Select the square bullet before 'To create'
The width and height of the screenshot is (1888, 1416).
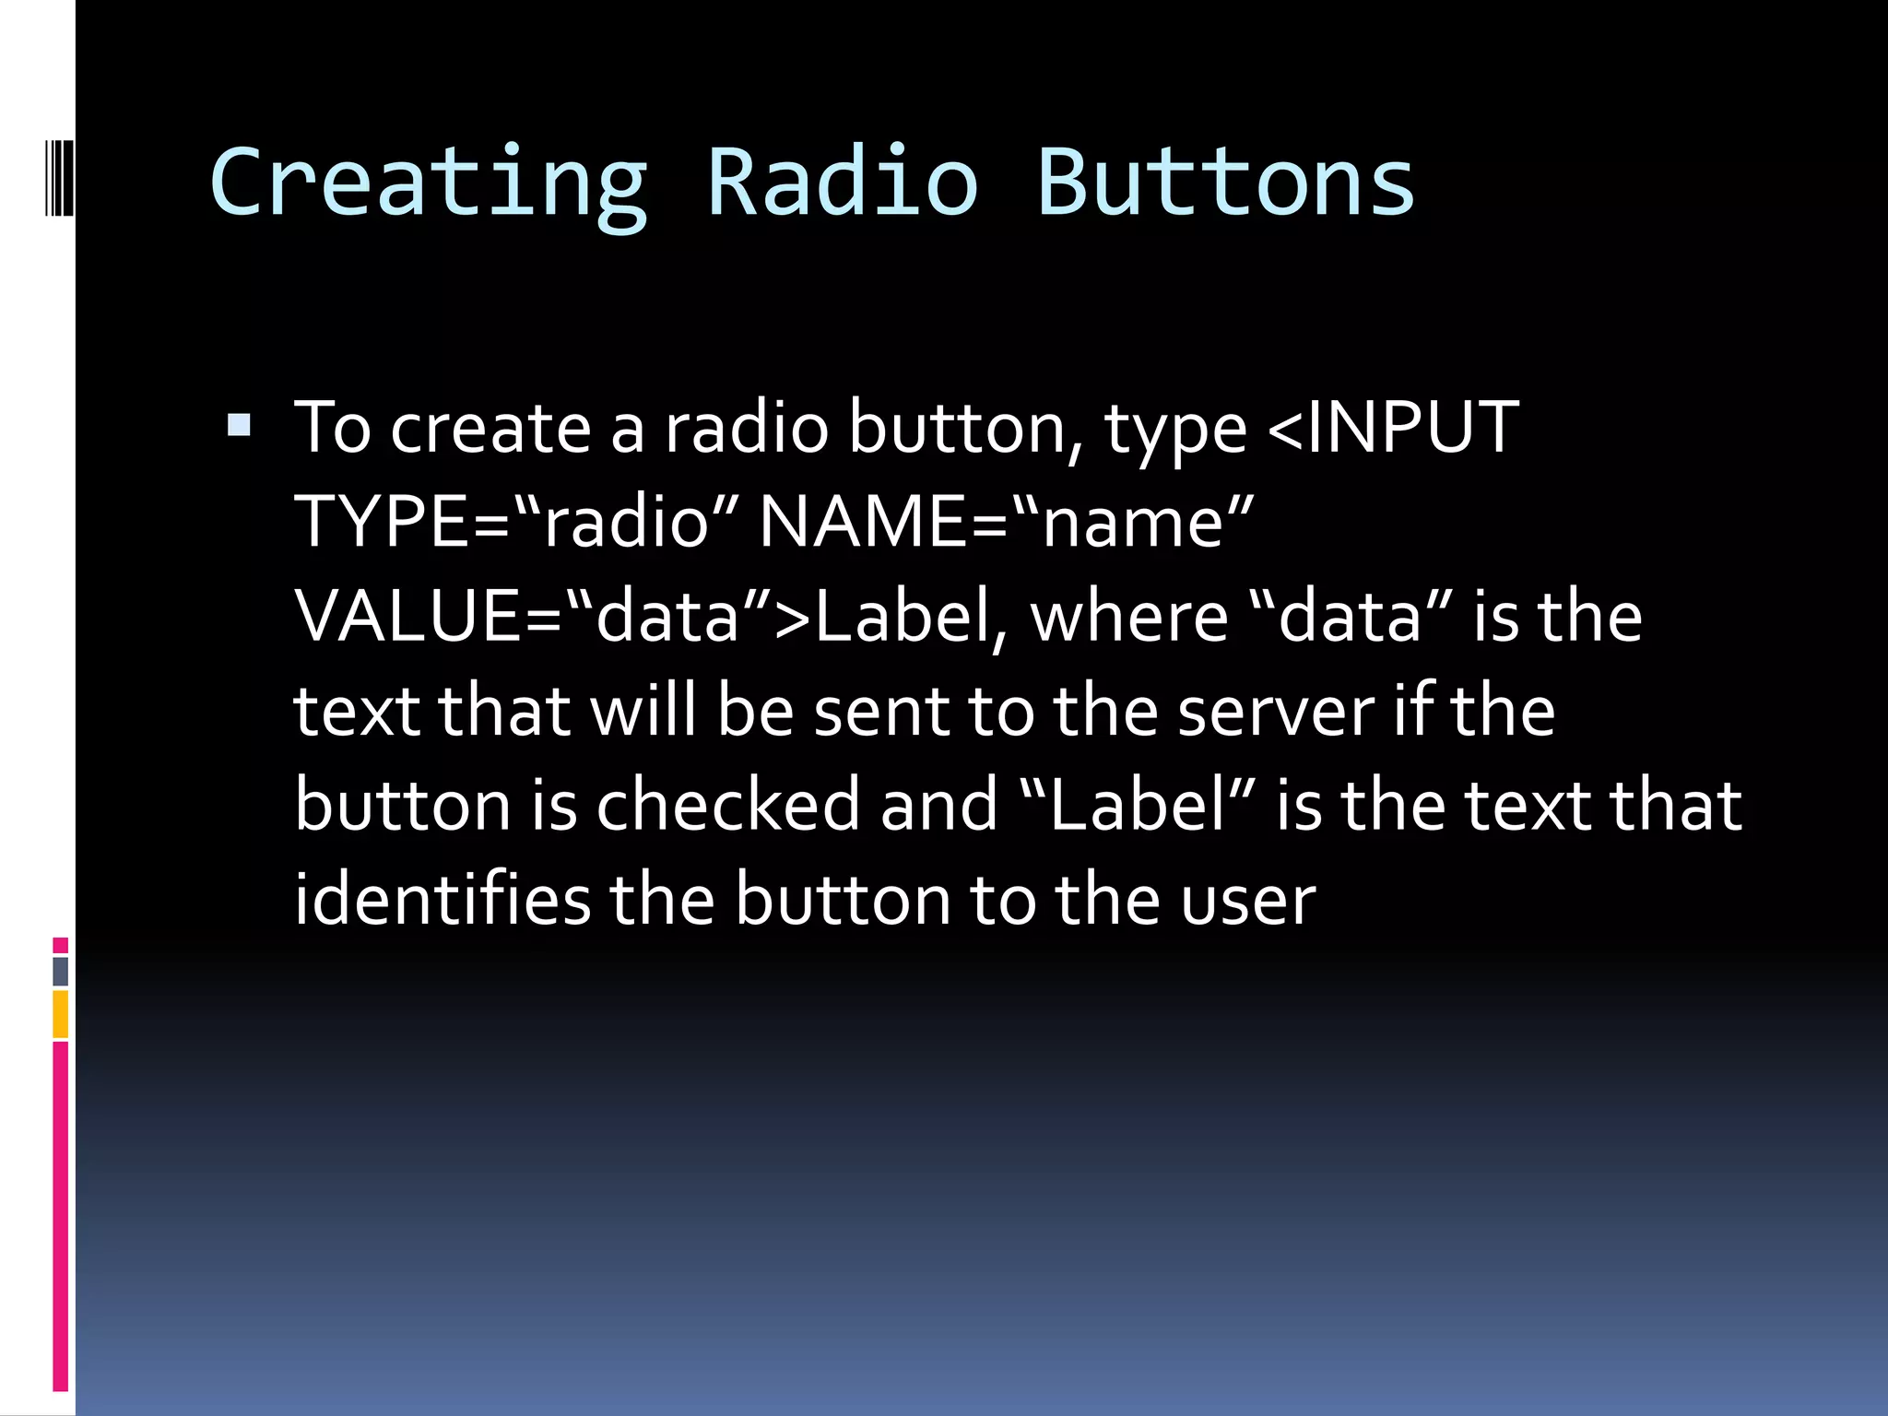[239, 425]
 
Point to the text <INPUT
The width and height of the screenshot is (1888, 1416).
[1393, 428]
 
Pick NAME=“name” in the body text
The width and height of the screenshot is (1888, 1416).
[1006, 523]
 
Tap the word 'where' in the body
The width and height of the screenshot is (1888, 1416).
[1129, 617]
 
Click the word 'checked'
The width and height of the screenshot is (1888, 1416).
[728, 805]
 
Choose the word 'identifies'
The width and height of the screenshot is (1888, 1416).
[442, 899]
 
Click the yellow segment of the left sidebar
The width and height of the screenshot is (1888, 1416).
[60, 1013]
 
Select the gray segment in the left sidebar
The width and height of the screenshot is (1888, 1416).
[60, 971]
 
